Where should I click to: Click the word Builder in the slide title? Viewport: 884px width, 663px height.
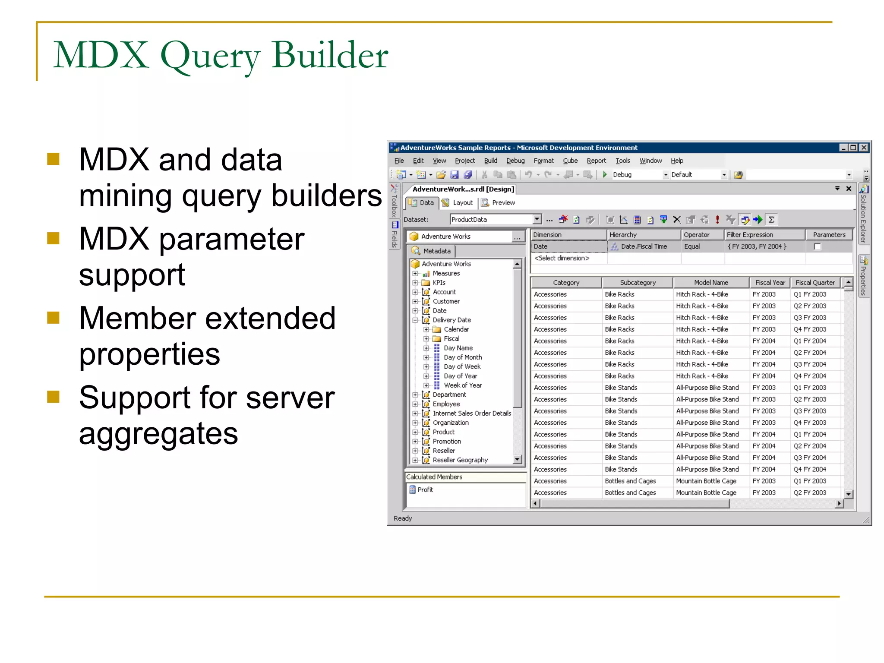[x=330, y=55]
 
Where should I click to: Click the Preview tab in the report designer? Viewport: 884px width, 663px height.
[x=502, y=203]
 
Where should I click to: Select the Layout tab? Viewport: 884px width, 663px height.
[x=462, y=203]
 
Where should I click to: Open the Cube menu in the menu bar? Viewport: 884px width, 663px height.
[x=570, y=161]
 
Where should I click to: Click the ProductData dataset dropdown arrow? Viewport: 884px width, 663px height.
[x=537, y=219]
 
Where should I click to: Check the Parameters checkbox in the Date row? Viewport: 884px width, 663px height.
[x=817, y=246]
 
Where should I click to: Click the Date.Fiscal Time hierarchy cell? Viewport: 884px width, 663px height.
[x=643, y=246]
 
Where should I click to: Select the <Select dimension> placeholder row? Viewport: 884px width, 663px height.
[x=562, y=258]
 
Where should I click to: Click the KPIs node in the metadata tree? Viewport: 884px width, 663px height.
[x=439, y=283]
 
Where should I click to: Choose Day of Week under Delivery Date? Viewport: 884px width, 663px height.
[x=462, y=367]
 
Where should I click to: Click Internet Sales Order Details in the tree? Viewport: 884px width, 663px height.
[x=471, y=414]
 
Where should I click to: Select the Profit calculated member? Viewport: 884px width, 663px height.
[x=425, y=489]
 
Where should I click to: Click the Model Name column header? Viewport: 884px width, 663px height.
[x=711, y=283]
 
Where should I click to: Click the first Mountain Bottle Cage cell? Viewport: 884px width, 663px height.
[x=706, y=481]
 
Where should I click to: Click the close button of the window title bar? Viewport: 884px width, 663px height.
[x=864, y=148]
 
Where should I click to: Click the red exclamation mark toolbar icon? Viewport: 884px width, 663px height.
[x=717, y=220]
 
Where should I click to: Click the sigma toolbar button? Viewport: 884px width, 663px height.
[x=771, y=220]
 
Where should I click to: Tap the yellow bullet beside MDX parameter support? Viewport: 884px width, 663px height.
[x=54, y=238]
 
